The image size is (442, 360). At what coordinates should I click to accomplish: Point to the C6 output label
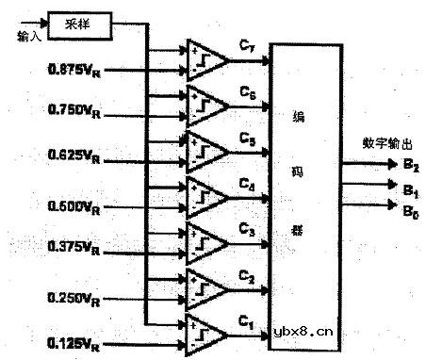pos(247,92)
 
